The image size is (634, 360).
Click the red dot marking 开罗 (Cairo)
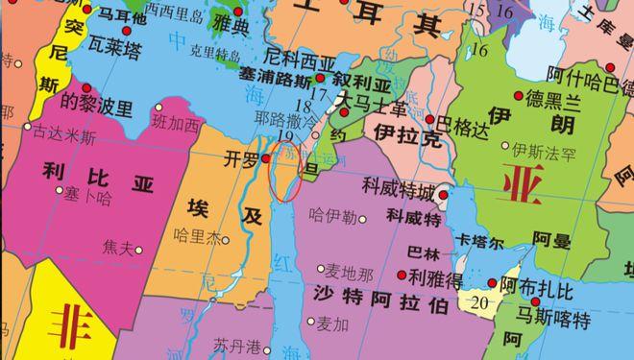266,158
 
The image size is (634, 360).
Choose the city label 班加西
177,122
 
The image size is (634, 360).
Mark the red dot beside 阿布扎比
492,283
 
